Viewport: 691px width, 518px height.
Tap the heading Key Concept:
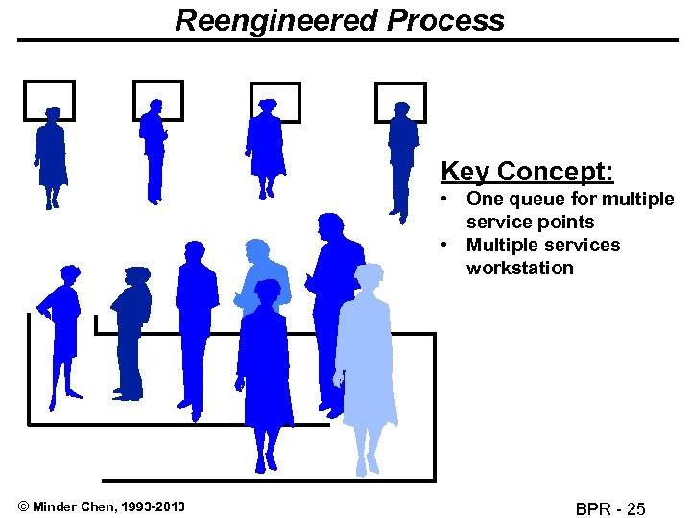click(x=527, y=172)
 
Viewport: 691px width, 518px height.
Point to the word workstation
click(x=519, y=268)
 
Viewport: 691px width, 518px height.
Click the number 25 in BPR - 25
click(x=635, y=507)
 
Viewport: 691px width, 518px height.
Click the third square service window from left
click(x=276, y=98)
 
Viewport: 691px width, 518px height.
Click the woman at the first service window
click(x=51, y=153)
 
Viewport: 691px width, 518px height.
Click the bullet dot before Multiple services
click(x=445, y=245)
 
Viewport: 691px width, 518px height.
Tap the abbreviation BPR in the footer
click(x=594, y=507)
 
